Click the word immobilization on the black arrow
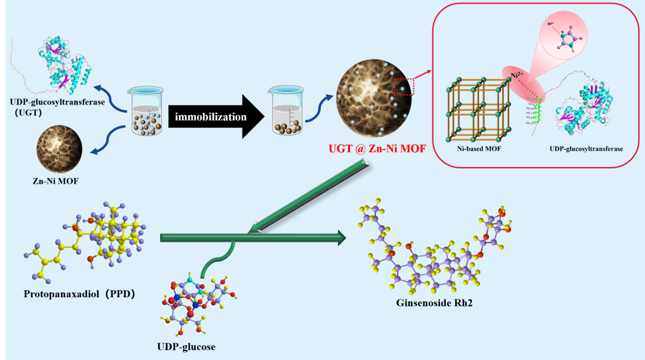pyautogui.click(x=211, y=117)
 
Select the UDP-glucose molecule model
pyautogui.click(x=199, y=302)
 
